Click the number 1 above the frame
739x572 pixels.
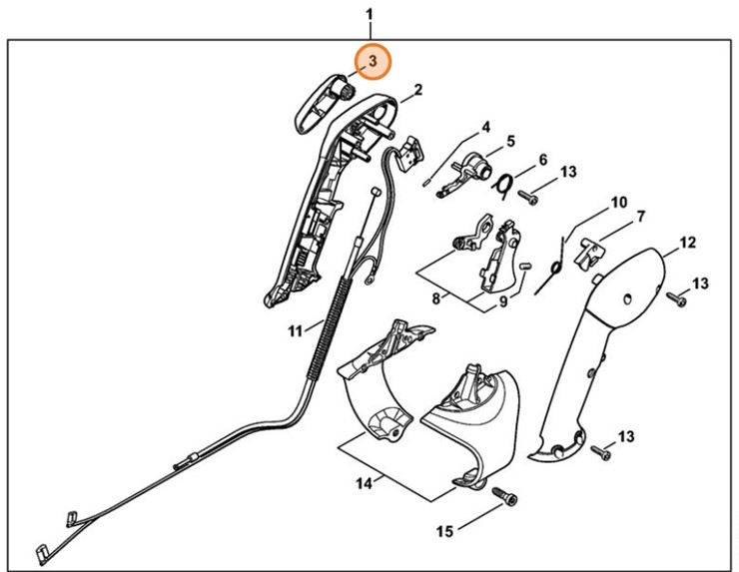click(369, 15)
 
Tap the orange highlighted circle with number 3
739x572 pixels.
click(371, 62)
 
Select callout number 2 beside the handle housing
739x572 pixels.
click(417, 91)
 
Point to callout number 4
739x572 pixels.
click(485, 127)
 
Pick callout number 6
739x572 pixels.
click(542, 160)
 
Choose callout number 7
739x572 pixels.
click(641, 217)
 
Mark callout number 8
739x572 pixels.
click(435, 298)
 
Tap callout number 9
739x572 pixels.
click(503, 300)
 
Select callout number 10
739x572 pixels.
click(619, 203)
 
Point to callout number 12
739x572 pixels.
click(687, 243)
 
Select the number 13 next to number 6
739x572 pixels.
click(568, 173)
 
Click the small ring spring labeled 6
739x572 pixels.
click(505, 183)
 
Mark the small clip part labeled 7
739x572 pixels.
click(593, 252)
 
